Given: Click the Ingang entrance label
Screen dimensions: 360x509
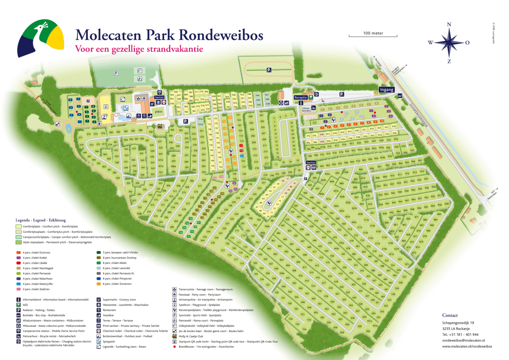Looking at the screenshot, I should pyautogui.click(x=386, y=89).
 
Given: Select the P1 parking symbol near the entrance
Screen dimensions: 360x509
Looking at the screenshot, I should pyautogui.click(x=341, y=94).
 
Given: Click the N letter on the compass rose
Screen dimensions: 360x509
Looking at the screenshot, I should pyautogui.click(x=449, y=24).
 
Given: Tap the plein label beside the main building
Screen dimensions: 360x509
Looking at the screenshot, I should pyautogui.click(x=159, y=112).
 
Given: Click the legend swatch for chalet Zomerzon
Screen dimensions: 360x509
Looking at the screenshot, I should pyautogui.click(x=98, y=284).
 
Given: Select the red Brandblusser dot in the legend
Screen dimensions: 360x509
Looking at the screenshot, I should pyautogui.click(x=175, y=346).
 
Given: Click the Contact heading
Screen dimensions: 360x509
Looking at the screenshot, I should pyautogui.click(x=450, y=315).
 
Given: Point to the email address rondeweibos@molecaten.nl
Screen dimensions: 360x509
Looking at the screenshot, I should pyautogui.click(x=463, y=340).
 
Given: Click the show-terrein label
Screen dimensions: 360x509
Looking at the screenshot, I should pyautogui.click(x=305, y=110).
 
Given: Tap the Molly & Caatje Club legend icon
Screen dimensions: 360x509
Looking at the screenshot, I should pyautogui.click(x=175, y=336).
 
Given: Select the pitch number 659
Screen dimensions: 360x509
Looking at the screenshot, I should pyautogui.click(x=394, y=126).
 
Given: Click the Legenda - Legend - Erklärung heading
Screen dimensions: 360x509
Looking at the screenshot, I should pyautogui.click(x=41, y=220).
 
